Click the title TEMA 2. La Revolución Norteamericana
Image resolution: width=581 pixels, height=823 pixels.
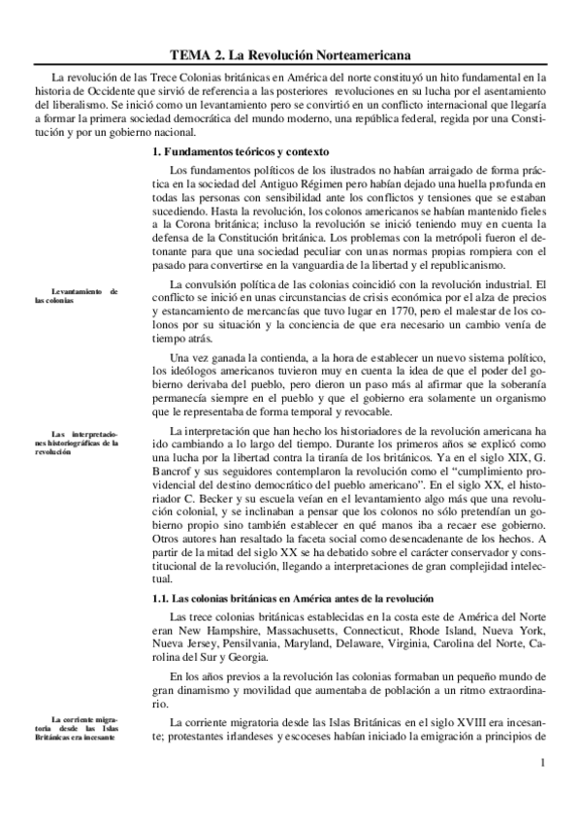point(289,56)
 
